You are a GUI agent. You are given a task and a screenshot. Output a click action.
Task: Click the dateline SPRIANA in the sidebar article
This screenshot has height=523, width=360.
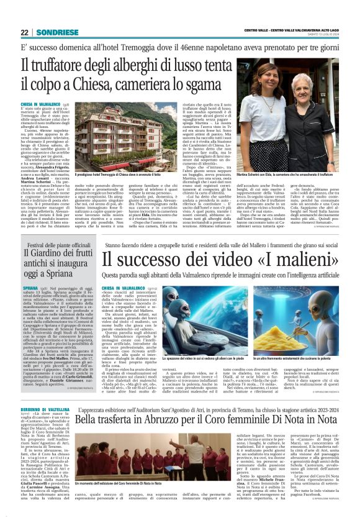point(31,289)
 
